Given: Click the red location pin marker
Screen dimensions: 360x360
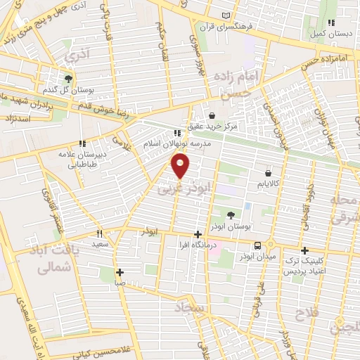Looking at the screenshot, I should (181, 166).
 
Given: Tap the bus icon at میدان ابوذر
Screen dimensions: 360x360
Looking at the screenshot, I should (258, 246).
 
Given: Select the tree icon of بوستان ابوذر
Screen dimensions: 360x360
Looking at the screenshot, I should (233, 215).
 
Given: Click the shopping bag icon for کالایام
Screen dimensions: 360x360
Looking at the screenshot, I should (268, 173).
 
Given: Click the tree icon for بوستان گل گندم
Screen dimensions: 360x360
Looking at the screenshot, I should (68, 79).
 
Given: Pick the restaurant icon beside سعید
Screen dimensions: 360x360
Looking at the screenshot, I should (100, 233).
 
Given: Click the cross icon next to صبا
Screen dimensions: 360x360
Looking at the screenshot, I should (120, 272).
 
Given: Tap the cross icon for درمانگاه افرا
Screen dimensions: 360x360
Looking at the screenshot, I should (198, 234).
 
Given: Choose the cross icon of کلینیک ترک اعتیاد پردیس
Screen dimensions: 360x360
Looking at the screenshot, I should (304, 250).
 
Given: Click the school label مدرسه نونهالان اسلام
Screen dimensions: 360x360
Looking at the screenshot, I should (173, 143).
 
